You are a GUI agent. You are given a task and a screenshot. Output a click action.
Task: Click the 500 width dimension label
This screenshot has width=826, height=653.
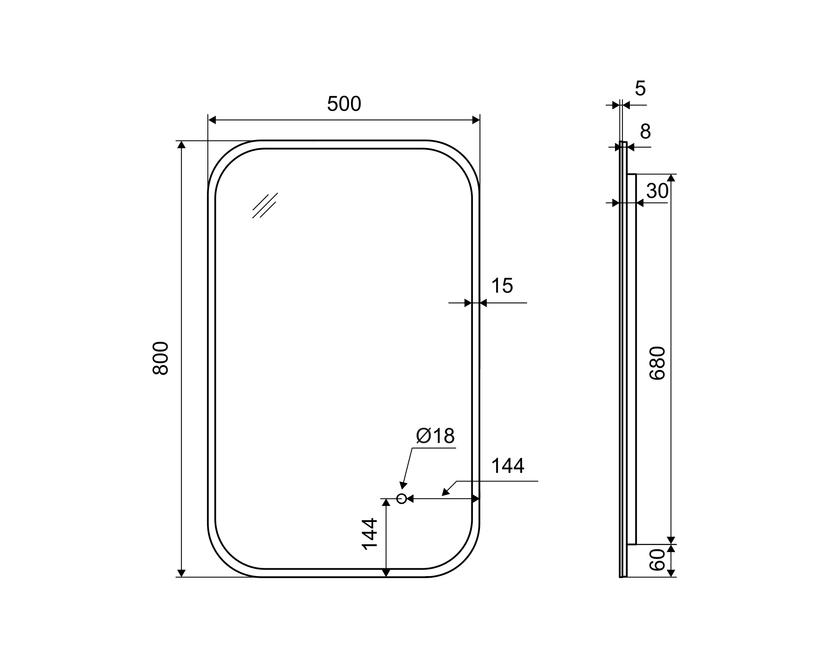coord(344,104)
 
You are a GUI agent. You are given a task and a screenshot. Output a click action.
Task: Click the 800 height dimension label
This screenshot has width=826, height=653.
coord(161,358)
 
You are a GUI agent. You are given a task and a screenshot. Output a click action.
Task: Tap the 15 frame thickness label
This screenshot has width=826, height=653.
coord(502,286)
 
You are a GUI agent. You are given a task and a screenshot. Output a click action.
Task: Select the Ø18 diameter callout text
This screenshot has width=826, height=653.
coord(435,436)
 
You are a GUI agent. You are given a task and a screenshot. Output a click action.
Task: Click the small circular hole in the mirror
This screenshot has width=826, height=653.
coord(401,499)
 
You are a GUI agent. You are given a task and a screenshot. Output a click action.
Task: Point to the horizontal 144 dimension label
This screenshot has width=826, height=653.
coord(508,466)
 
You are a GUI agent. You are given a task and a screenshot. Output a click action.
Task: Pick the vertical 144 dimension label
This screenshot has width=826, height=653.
coord(370,534)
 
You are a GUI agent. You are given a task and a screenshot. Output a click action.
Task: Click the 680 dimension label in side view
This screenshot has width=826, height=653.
coord(657,363)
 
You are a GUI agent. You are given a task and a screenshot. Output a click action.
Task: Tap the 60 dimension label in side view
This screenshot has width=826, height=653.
coord(657,560)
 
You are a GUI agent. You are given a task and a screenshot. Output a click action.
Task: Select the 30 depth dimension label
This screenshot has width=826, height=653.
coord(657,191)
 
